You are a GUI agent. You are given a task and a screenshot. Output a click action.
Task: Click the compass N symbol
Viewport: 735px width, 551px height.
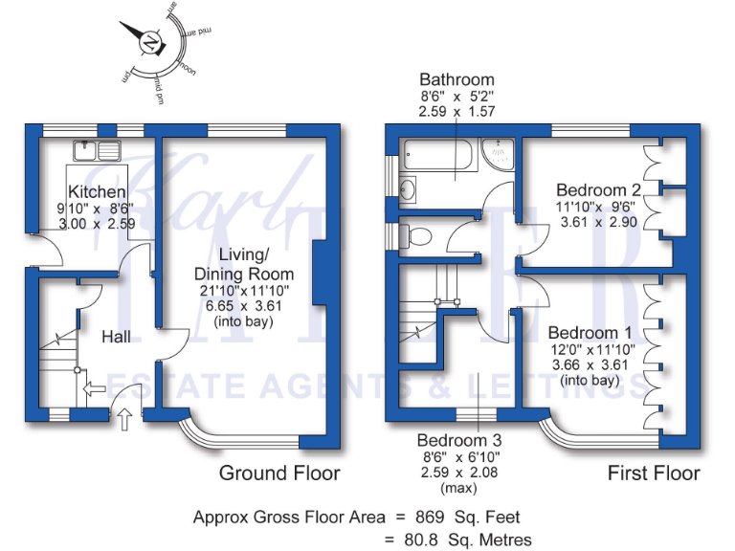[150, 43]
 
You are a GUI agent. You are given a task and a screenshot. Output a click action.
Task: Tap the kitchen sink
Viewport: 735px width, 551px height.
[96, 148]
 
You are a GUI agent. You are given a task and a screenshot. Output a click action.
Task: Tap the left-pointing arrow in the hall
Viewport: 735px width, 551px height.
[94, 389]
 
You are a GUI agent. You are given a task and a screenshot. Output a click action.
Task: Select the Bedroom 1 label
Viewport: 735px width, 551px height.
[584, 333]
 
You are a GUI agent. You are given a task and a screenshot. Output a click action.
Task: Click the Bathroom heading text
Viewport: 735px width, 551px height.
[457, 79]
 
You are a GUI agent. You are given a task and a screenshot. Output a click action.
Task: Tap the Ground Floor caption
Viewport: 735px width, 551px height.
[279, 473]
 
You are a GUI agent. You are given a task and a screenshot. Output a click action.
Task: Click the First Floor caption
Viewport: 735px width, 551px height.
[655, 473]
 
